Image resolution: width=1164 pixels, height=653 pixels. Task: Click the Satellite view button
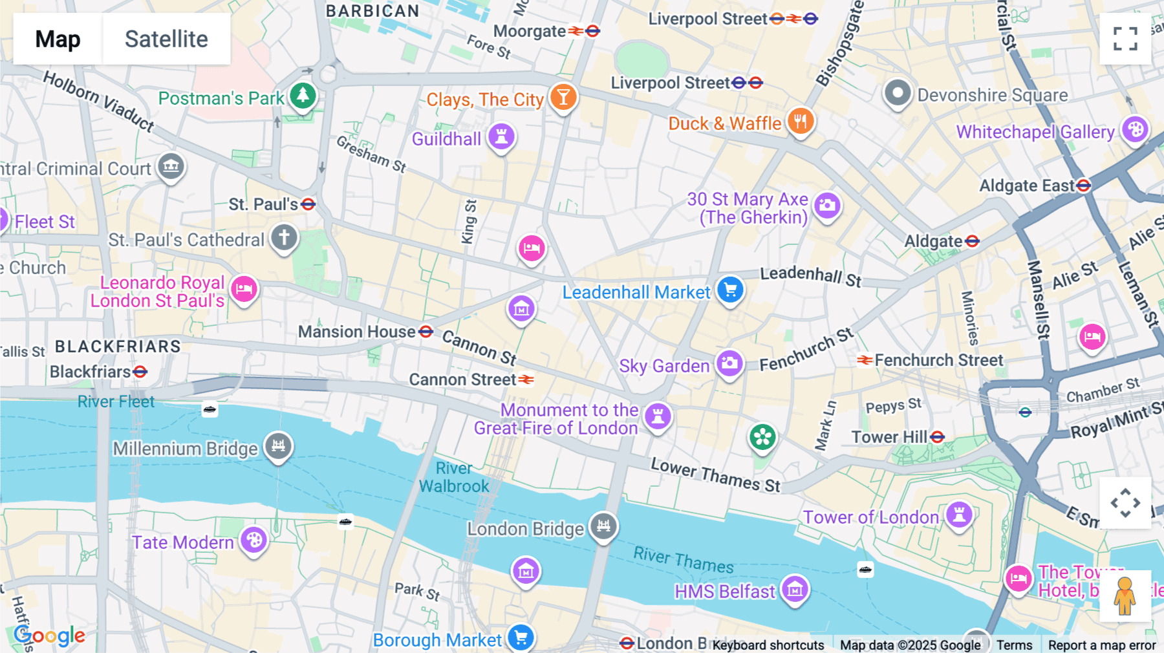tap(166, 39)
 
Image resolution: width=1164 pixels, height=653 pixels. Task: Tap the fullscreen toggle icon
tap(1125, 39)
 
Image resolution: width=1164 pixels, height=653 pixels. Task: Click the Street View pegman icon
tap(1125, 596)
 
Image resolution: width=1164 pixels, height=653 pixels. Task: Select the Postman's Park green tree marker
tap(303, 96)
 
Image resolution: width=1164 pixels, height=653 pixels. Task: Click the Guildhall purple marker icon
tap(501, 136)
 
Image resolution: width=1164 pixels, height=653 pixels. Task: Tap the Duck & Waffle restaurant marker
tap(801, 121)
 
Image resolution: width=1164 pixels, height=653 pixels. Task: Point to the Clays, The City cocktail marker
tap(563, 97)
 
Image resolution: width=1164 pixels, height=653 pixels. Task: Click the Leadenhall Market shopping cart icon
tap(731, 290)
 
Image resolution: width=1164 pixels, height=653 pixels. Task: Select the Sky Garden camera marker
tap(729, 363)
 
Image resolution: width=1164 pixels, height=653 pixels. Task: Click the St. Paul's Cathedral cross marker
tap(284, 237)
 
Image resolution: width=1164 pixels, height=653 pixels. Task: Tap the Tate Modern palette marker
tap(254, 540)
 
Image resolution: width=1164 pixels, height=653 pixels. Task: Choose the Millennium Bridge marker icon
tap(279, 445)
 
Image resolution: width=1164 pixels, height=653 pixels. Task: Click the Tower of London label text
tap(870, 517)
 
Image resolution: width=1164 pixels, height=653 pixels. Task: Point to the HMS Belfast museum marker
tap(795, 589)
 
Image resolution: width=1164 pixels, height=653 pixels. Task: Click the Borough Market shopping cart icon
tap(521, 638)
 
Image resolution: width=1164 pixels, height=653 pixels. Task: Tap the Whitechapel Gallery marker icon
tap(1135, 129)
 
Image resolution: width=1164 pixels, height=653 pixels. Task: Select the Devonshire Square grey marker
tap(897, 93)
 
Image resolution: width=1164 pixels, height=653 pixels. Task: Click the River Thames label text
tap(683, 560)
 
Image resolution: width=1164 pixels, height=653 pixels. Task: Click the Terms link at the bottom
tap(1014, 645)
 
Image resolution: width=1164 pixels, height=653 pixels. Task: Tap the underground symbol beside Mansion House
tap(426, 332)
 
